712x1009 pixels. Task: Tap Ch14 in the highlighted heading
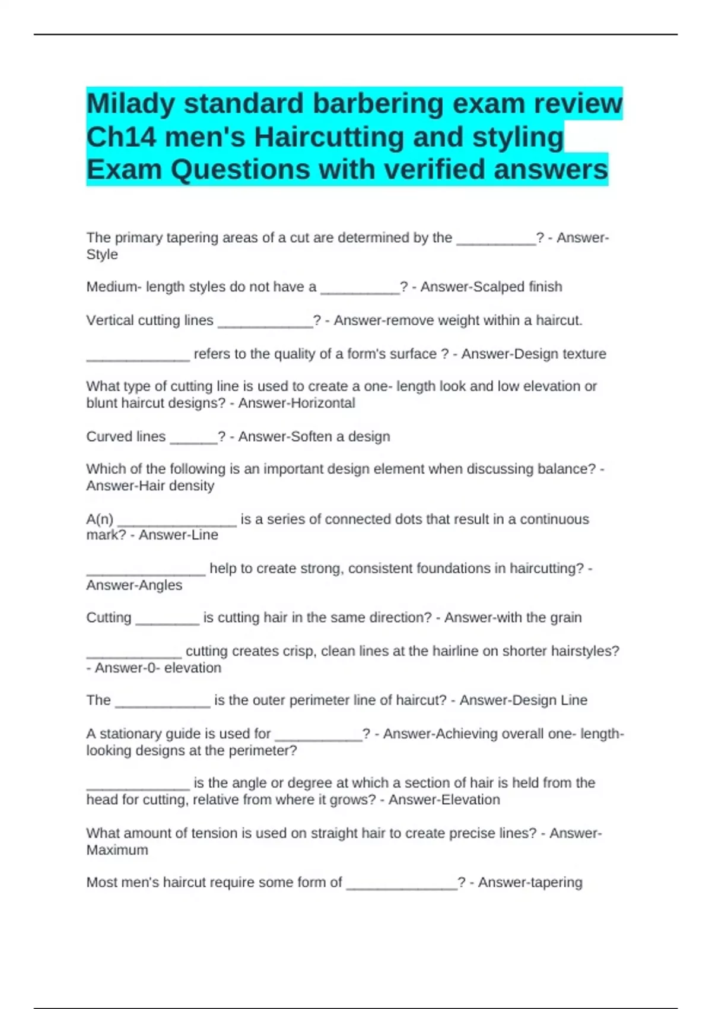[120, 138]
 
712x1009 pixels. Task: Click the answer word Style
[102, 255]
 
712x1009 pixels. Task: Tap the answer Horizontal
[322, 403]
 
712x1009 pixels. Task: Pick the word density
[190, 486]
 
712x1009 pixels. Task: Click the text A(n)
[100, 519]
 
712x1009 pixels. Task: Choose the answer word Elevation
[469, 800]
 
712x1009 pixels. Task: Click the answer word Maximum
[117, 850]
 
